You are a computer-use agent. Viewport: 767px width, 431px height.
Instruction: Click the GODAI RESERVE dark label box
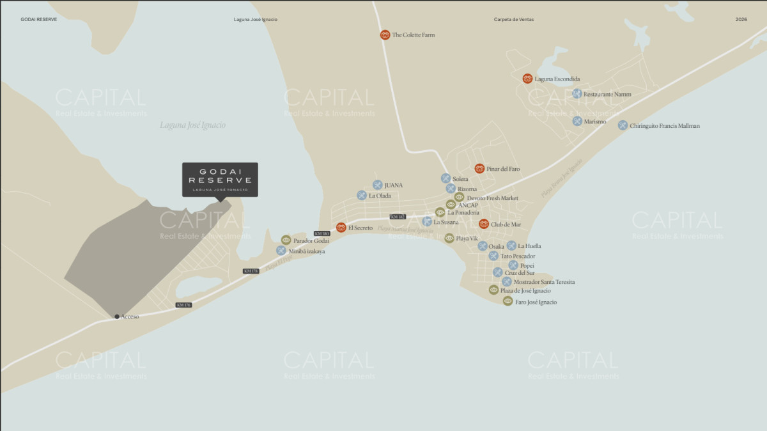[x=220, y=180]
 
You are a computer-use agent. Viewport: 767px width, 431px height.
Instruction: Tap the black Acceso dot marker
[x=116, y=317]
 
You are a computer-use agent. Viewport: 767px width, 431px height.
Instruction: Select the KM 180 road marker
[x=322, y=233]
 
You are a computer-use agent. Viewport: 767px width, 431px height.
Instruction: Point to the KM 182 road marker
[x=398, y=217]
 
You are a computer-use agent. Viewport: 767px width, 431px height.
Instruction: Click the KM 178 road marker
[x=251, y=271]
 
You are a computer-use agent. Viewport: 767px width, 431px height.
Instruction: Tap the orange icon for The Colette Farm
[x=385, y=35]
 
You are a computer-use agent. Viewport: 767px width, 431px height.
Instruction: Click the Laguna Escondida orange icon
[x=527, y=79]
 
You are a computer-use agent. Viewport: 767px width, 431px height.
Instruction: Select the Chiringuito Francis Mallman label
[x=665, y=126]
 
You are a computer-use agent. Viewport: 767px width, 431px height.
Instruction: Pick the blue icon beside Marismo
[x=577, y=121]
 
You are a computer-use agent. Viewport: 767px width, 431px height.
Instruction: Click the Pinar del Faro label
[x=503, y=169]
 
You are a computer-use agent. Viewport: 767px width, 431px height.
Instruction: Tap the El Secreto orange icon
[x=341, y=227]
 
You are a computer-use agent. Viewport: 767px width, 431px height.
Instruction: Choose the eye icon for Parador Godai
[x=286, y=240]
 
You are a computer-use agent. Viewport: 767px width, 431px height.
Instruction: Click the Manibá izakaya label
[x=307, y=251]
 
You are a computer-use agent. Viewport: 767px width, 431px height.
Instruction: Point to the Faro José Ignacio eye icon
[x=507, y=301]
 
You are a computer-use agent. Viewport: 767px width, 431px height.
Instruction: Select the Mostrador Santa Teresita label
[x=544, y=282]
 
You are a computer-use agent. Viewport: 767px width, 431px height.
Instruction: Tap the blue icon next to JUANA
[x=377, y=185]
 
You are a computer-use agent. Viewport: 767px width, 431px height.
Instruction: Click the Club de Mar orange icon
[x=484, y=224]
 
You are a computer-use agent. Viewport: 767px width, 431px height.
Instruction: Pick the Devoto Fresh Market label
[x=492, y=198]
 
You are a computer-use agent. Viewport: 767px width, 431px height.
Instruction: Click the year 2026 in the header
[x=741, y=20]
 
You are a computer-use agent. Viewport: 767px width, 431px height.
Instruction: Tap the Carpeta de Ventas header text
[x=513, y=20]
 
